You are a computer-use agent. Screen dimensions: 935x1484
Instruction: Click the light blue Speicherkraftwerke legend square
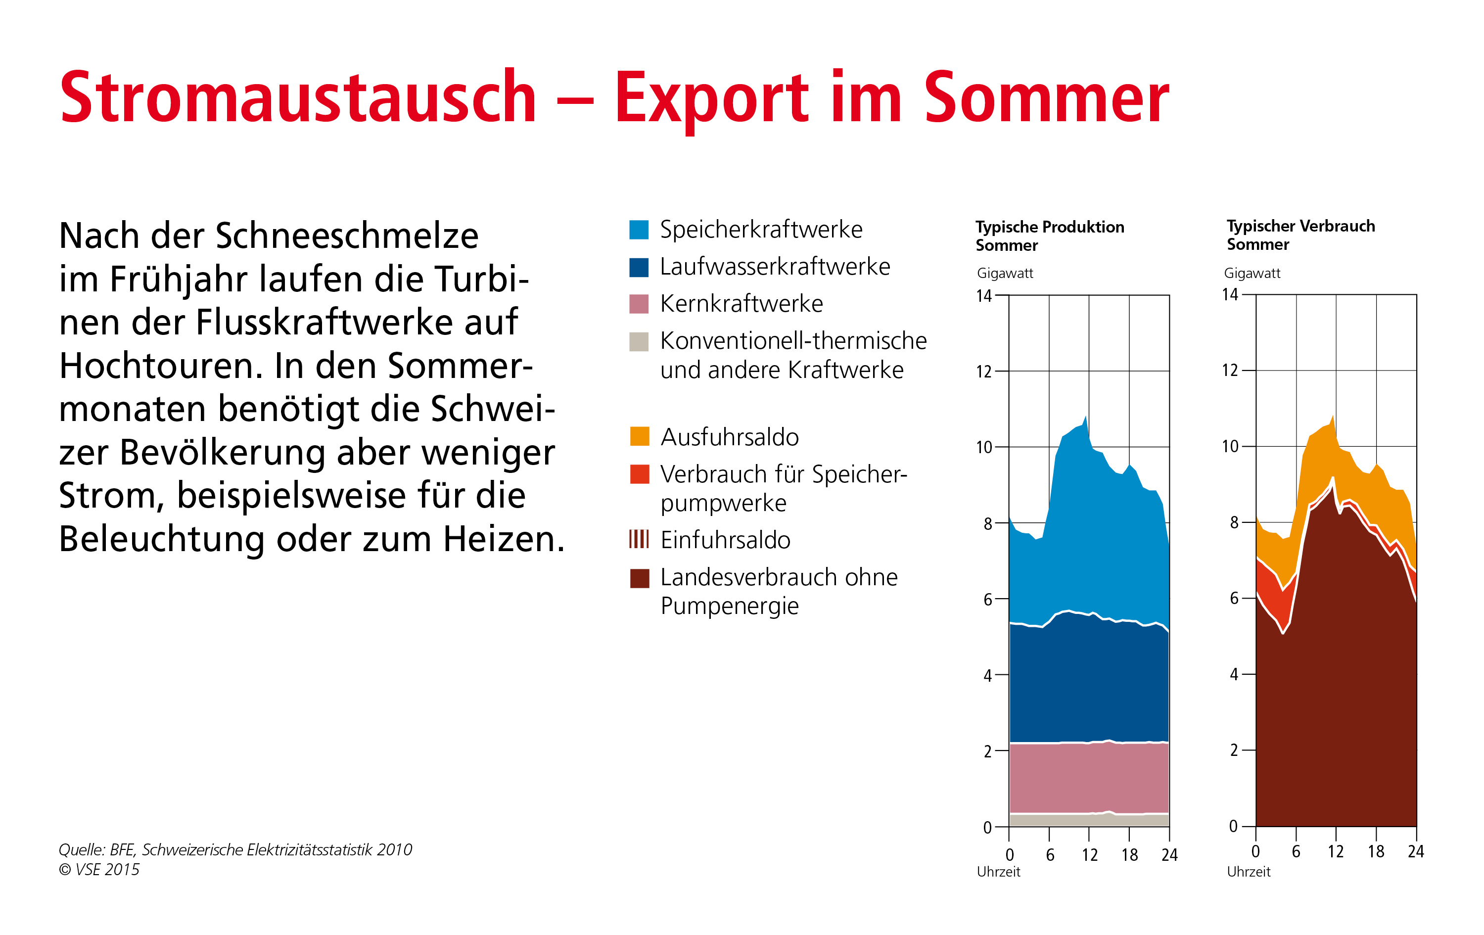(x=639, y=229)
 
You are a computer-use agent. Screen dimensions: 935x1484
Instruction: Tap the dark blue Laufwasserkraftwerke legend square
(x=639, y=267)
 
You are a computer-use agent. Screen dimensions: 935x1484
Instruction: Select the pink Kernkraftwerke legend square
(x=639, y=304)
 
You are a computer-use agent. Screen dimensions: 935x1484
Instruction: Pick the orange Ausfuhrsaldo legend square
(x=639, y=436)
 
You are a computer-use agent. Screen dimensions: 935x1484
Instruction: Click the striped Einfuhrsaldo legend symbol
(x=639, y=539)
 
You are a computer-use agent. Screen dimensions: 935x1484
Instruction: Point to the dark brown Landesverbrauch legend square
(x=639, y=578)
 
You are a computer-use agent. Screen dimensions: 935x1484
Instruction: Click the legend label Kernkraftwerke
(x=741, y=304)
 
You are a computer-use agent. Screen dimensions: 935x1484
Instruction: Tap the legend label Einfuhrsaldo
(x=725, y=540)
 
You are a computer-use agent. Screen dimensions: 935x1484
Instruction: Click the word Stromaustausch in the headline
(x=298, y=97)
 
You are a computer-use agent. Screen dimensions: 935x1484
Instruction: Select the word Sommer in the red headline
(x=1046, y=97)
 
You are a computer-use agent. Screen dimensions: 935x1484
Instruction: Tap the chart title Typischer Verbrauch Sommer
(x=1300, y=235)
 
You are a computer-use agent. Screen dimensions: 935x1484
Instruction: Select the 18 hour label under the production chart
(x=1129, y=855)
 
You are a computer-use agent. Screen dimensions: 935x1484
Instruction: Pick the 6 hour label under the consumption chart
(x=1296, y=852)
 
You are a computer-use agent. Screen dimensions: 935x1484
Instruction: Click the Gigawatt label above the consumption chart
(x=1252, y=273)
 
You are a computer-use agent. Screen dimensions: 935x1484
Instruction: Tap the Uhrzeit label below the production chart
(x=998, y=872)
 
